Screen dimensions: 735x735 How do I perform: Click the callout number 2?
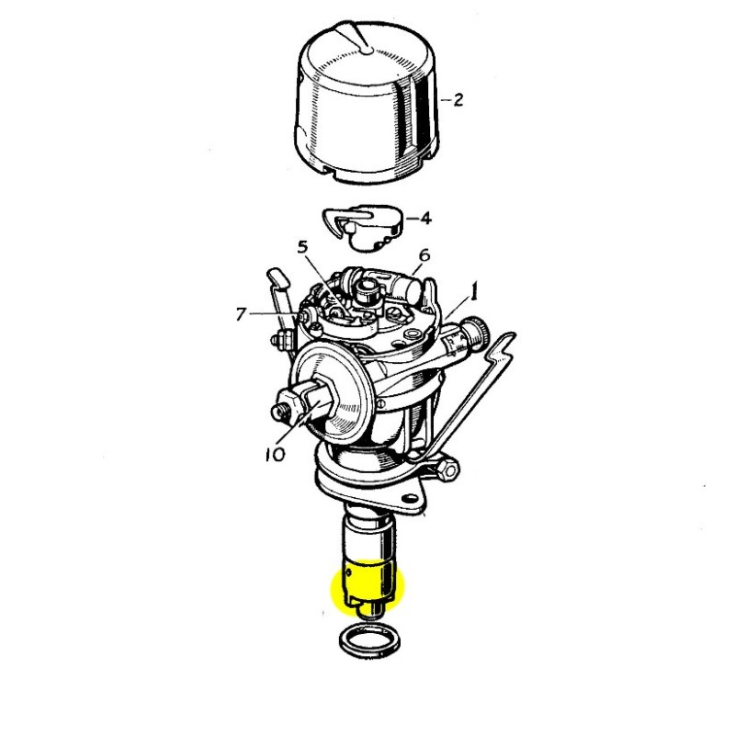458,99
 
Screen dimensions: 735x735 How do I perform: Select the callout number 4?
425,218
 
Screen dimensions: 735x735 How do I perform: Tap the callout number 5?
303,247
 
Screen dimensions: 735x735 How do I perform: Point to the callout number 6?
424,255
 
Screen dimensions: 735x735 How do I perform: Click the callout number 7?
241,313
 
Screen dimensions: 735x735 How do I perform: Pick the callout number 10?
275,454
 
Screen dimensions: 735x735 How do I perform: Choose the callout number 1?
474,291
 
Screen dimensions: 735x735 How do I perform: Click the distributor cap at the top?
368,102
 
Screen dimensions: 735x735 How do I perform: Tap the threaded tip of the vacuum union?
280,411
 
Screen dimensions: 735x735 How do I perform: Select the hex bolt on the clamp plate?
447,468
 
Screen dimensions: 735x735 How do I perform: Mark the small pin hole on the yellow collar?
348,572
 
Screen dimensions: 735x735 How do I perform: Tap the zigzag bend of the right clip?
498,348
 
